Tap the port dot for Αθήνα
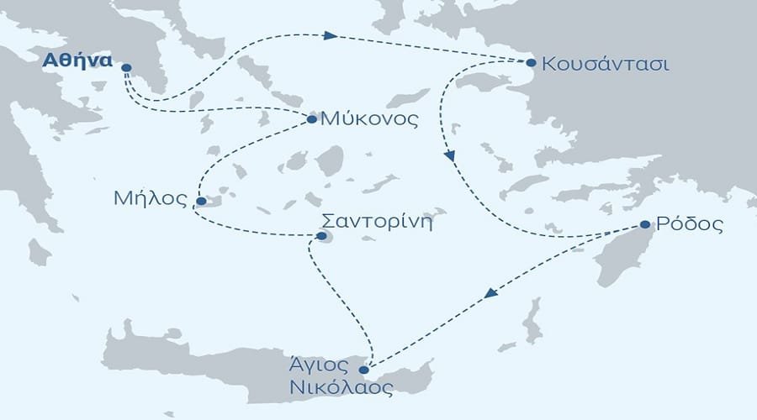point(126,68)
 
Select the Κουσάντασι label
point(606,64)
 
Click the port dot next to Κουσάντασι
point(531,63)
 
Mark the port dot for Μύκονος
point(312,119)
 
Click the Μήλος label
point(148,200)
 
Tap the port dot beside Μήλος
point(200,202)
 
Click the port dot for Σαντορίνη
point(320,236)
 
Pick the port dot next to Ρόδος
point(644,225)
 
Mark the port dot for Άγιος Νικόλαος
point(363,370)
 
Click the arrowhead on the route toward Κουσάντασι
point(331,36)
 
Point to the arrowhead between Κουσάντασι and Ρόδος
point(450,156)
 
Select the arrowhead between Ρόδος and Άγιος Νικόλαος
point(490,292)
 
